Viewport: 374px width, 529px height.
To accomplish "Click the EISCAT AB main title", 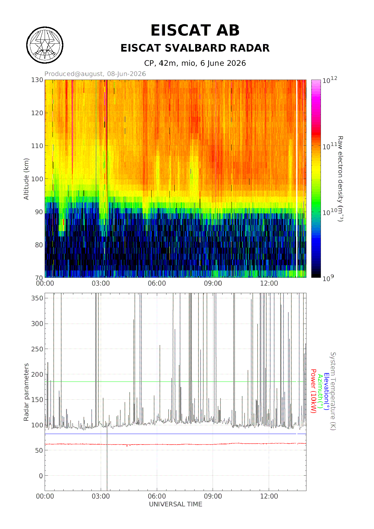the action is [x=195, y=30].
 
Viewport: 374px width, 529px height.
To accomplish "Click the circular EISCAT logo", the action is [x=45, y=45].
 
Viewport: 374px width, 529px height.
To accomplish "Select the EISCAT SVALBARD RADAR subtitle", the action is [x=195, y=48].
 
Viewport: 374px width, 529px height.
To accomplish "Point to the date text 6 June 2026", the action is [x=223, y=63].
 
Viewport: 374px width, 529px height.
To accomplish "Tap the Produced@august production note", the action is [x=95, y=74].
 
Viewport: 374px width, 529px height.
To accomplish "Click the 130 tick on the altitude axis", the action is [x=37, y=80].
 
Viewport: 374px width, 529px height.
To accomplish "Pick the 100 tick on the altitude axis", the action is [x=37, y=179].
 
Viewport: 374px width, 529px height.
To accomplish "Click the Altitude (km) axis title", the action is [x=26, y=179].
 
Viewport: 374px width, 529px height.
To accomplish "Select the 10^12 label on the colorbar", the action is [x=330, y=80].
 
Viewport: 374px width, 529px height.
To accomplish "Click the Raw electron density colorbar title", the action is [x=340, y=179].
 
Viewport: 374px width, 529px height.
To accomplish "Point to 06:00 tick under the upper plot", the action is [x=157, y=284].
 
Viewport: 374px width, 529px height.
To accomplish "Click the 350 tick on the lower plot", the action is [x=37, y=298].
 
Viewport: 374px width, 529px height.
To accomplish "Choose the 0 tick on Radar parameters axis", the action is [x=41, y=476].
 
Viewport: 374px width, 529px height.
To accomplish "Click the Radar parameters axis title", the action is [x=26, y=392].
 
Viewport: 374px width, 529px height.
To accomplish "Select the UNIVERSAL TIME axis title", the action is [x=176, y=504].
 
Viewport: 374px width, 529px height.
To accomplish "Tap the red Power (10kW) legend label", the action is [x=313, y=391].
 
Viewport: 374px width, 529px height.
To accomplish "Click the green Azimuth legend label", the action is [x=320, y=391].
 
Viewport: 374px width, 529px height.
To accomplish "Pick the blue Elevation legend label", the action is [x=326, y=391].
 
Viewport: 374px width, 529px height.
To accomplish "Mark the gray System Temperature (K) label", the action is [x=333, y=391].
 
